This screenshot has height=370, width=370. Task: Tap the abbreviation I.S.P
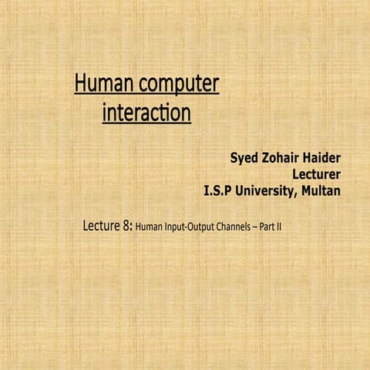[x=217, y=190]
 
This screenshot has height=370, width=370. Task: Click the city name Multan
[x=319, y=190]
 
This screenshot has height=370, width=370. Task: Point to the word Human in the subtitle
[x=147, y=228]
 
